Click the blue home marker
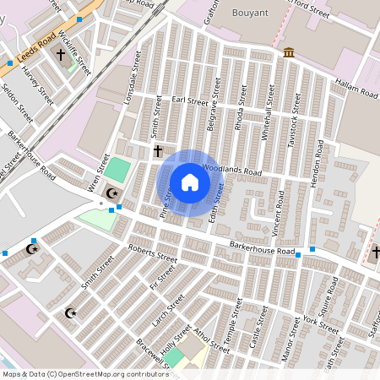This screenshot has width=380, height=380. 190,182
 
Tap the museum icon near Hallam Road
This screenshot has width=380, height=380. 289,53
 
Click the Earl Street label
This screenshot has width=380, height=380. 189,101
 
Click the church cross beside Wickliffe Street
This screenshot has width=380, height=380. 60,56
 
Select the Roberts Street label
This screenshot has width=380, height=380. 151,253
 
